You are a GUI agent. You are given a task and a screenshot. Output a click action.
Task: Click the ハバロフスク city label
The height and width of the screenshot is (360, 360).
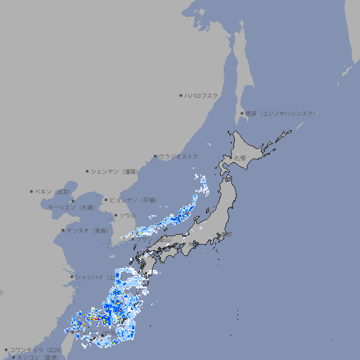tap(202, 95)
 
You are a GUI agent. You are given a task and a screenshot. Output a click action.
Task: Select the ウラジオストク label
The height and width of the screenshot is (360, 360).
tap(179, 156)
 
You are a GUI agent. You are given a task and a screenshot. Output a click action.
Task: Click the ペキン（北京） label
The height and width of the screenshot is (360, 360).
tap(53, 191)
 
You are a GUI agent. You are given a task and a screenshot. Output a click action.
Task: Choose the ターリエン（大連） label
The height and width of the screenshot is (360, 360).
tap(71, 207)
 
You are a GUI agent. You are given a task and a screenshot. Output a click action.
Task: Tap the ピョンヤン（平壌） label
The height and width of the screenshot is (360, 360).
tap(133, 200)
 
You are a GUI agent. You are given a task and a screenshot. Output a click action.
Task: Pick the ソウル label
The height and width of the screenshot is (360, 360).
tap(127, 215)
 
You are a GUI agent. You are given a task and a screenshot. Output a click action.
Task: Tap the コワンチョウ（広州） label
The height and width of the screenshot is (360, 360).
tap(36, 349)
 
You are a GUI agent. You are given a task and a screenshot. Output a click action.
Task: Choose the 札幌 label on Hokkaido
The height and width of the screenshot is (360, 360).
tap(240, 157)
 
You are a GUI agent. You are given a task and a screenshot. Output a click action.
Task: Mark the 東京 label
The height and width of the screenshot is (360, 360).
tap(226, 235)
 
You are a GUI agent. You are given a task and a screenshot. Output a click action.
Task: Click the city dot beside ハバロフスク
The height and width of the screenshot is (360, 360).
tap(181, 95)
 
